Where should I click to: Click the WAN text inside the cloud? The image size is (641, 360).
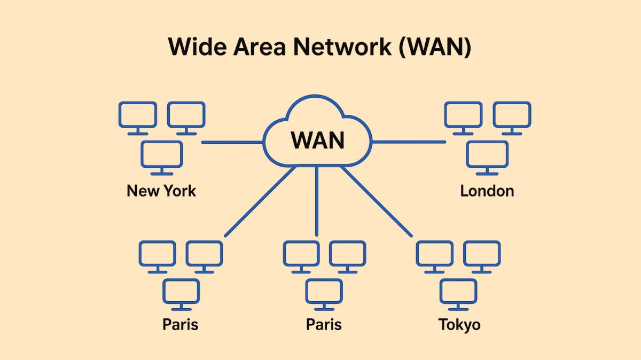coord(317,140)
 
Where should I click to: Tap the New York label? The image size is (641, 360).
coord(161,191)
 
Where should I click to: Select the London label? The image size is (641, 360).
coord(487,191)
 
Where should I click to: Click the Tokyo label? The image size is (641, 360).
coord(459,324)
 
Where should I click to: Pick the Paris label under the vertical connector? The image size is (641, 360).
coord(324,324)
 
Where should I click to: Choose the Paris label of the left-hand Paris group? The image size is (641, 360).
coord(180,324)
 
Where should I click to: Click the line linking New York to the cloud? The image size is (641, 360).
coord(232,143)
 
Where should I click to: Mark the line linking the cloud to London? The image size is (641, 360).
coord(409,142)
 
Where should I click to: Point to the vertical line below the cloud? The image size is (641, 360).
coord(317,200)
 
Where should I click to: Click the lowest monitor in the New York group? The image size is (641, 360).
coord(162,156)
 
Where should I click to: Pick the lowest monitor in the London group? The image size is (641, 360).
coord(487,156)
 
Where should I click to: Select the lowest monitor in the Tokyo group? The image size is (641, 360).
coord(458,293)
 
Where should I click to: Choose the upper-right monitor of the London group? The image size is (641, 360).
coord(512,116)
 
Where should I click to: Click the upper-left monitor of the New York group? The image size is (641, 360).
coord(137,116)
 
